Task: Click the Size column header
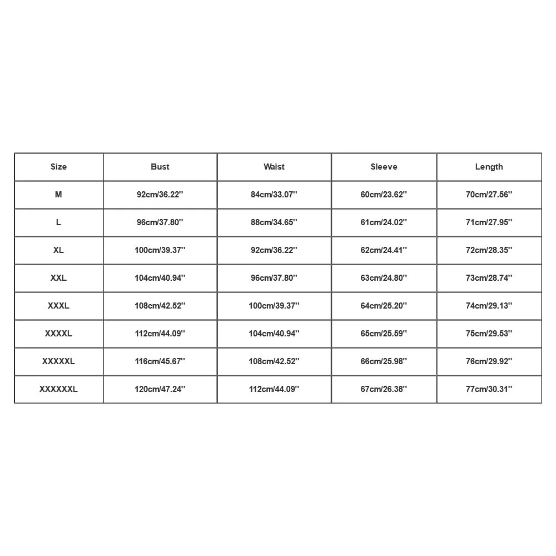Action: tap(58, 167)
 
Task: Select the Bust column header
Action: tap(160, 167)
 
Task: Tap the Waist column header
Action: tap(274, 167)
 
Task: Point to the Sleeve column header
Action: tap(384, 167)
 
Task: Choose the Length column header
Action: tap(489, 167)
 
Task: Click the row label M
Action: tap(58, 195)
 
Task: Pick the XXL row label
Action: tap(58, 278)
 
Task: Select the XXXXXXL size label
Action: tap(58, 389)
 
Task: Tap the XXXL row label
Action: tap(58, 306)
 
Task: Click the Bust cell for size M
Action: tap(160, 195)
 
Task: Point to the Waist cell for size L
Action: tap(274, 222)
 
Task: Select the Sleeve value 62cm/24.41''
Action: tap(384, 250)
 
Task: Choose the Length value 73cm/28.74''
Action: tap(489, 278)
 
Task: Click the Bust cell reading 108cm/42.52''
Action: tap(160, 306)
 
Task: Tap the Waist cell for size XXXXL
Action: tap(274, 334)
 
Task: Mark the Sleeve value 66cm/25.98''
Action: tap(384, 361)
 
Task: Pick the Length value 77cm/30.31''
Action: tap(489, 389)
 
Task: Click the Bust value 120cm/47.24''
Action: tap(160, 389)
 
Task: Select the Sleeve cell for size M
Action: tap(384, 195)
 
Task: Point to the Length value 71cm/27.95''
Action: tap(489, 222)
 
